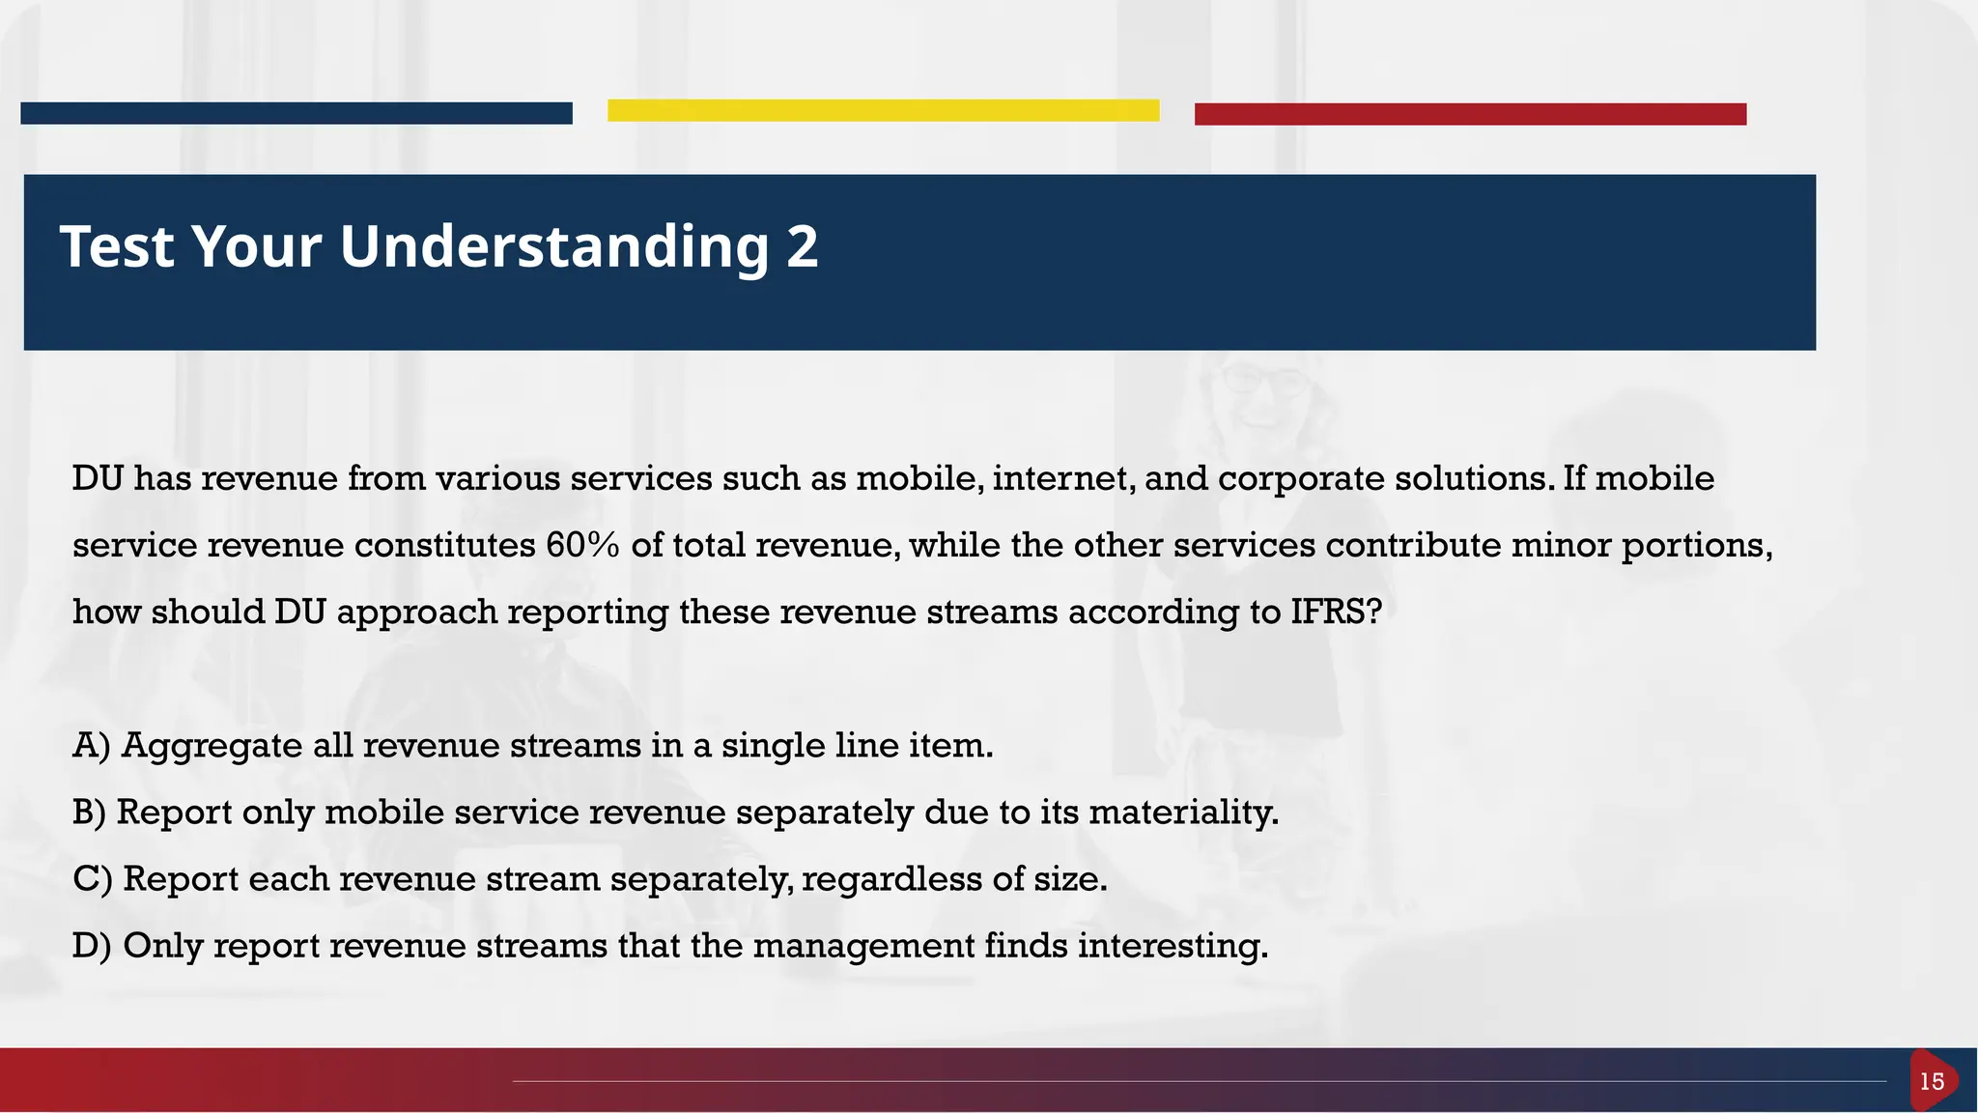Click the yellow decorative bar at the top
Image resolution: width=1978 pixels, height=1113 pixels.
click(883, 110)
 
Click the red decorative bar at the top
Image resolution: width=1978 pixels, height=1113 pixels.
click(1470, 114)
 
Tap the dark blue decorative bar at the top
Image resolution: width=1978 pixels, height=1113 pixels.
click(296, 113)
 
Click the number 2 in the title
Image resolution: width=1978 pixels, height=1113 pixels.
click(802, 246)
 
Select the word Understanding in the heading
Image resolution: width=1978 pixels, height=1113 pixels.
click(553, 248)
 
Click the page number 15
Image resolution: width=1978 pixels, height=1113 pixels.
click(1932, 1081)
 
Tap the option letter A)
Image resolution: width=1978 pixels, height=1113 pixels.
click(91, 746)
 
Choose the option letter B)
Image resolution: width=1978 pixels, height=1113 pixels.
click(89, 813)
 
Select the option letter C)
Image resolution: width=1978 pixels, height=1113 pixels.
click(92, 879)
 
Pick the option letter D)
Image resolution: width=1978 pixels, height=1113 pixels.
click(92, 946)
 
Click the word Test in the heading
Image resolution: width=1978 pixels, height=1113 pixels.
click(117, 246)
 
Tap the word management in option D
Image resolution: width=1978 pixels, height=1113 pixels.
click(863, 946)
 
